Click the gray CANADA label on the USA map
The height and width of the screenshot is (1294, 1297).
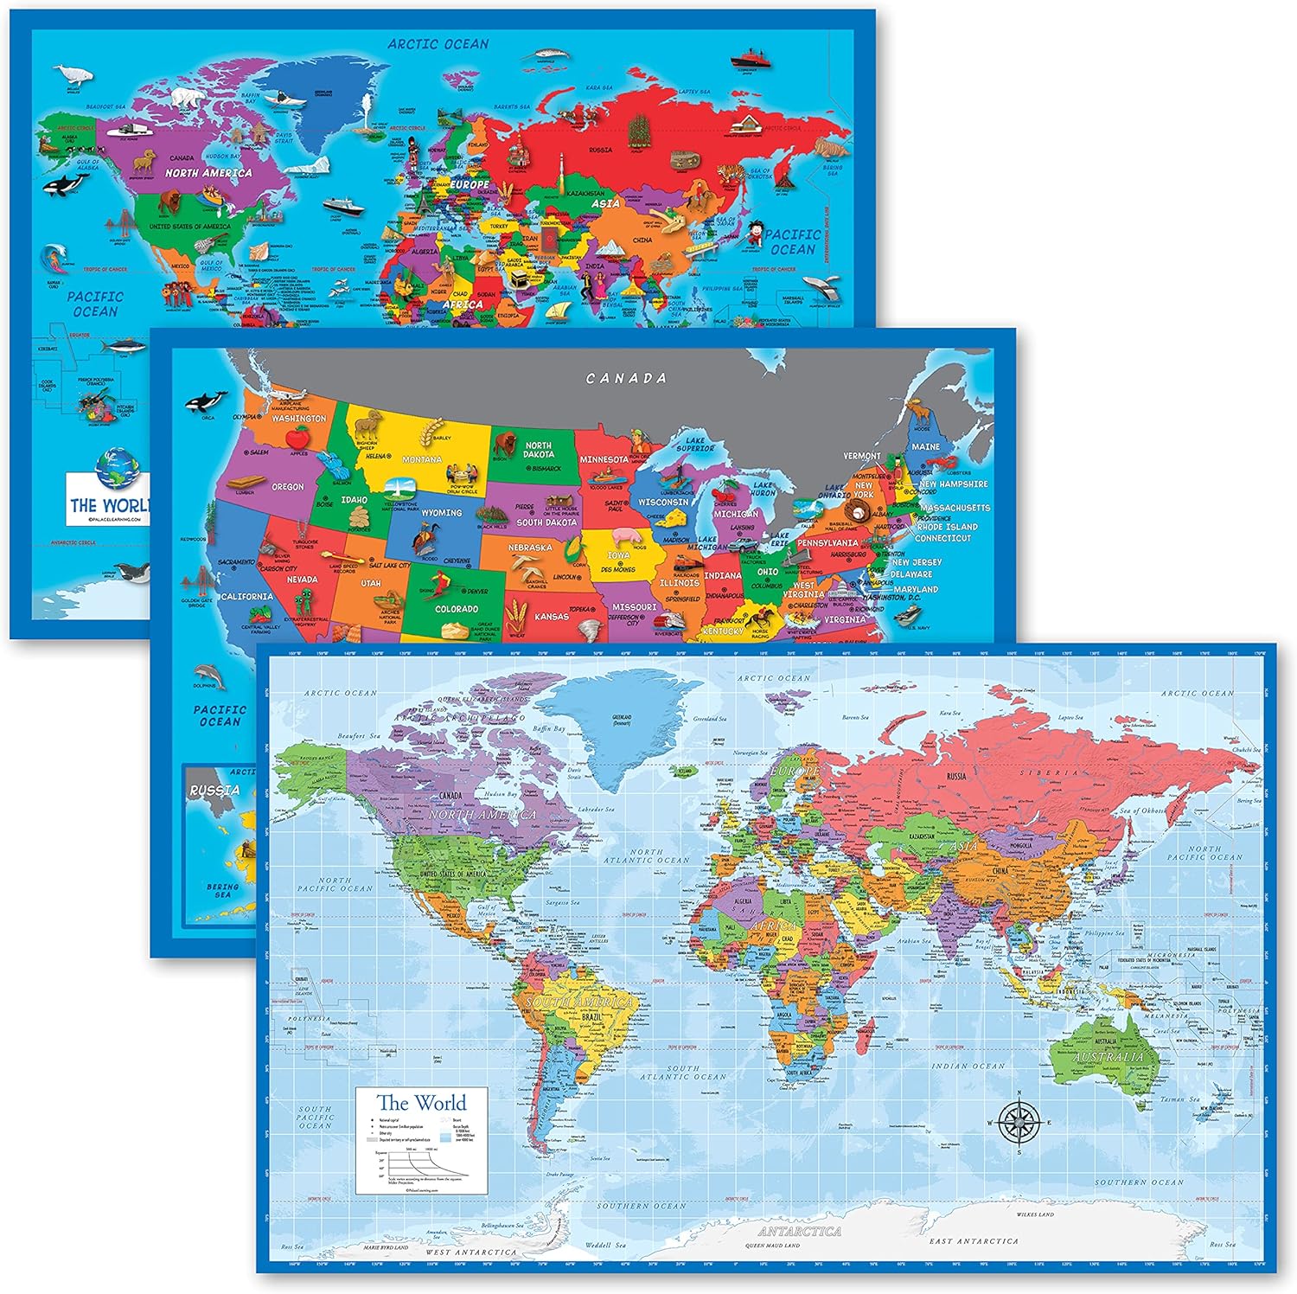click(626, 378)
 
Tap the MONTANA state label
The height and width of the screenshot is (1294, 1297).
click(422, 459)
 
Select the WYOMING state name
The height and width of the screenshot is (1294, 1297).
click(441, 512)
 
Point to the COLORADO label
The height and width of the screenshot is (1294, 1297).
click(457, 609)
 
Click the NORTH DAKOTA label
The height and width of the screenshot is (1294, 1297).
click(538, 450)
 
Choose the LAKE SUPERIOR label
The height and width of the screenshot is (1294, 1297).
click(695, 444)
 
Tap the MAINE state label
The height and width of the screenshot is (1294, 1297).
click(925, 446)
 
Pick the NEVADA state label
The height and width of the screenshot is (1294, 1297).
click(302, 580)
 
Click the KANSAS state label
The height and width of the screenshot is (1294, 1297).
click(551, 617)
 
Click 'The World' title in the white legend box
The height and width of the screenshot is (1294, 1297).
click(421, 1103)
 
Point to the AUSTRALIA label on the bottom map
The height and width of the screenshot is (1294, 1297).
click(1108, 1057)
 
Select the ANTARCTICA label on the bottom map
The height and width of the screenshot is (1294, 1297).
click(799, 1230)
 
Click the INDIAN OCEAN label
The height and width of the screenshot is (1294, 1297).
click(968, 1067)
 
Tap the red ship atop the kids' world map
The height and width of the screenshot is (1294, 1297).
click(748, 60)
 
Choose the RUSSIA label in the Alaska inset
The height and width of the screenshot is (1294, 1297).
click(214, 790)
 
